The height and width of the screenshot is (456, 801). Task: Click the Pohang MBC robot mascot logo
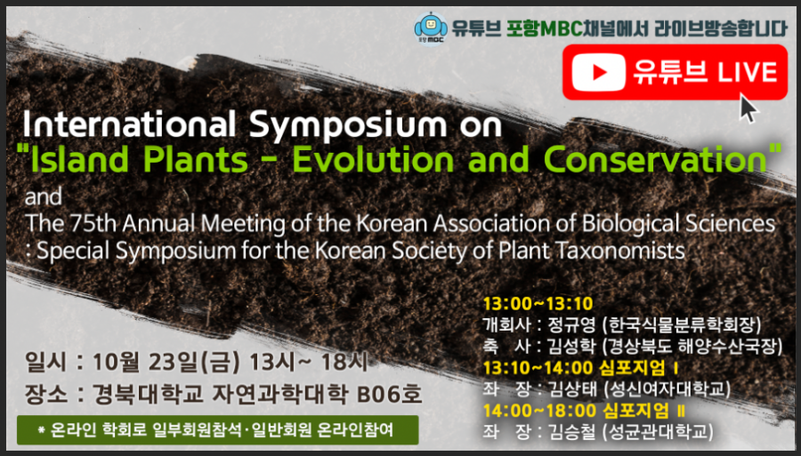click(430, 28)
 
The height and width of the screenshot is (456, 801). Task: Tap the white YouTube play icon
click(599, 72)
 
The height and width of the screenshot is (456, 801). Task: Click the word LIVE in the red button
click(748, 72)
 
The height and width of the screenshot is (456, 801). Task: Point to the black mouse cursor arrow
click(748, 108)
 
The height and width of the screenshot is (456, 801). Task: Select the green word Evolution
click(372, 160)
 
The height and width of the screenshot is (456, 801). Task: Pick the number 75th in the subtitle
click(93, 223)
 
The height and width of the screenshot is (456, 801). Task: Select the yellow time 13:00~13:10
click(538, 304)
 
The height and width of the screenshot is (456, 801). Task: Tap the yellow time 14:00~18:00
click(539, 410)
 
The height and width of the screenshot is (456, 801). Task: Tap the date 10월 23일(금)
click(166, 363)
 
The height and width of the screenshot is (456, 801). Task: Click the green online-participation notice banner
click(218, 430)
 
